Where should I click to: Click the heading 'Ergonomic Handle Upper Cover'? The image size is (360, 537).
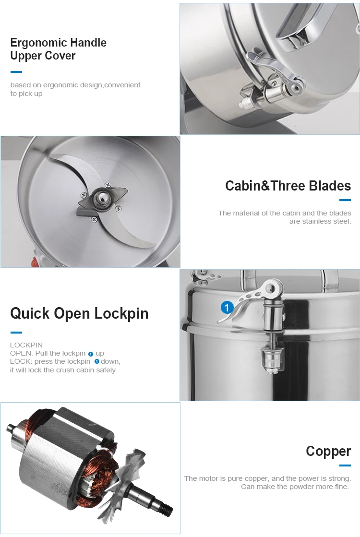coord(58,49)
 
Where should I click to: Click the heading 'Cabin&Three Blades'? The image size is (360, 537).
coord(288,186)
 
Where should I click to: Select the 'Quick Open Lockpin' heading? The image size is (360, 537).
coord(80,313)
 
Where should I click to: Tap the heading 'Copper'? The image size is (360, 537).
coord(328,452)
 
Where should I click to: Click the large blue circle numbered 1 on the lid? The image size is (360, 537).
coord(227,307)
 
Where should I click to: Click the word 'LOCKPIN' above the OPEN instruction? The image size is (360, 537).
coord(26,345)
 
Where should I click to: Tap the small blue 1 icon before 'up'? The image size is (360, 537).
coord(91,354)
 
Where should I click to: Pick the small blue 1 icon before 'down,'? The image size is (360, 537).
coord(97,362)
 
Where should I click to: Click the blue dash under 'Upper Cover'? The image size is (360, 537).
coord(16,72)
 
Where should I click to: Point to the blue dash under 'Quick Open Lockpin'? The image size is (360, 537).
coord(16,332)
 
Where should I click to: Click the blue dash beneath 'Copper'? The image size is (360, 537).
coord(345,465)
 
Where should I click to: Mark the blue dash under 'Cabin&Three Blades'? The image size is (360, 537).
coord(345,200)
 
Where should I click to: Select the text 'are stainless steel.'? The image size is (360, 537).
coord(320,221)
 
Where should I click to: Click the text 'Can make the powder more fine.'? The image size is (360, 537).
coord(295,487)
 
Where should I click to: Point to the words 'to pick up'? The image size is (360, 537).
coord(26,94)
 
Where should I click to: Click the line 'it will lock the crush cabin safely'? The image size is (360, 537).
coord(63,370)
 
